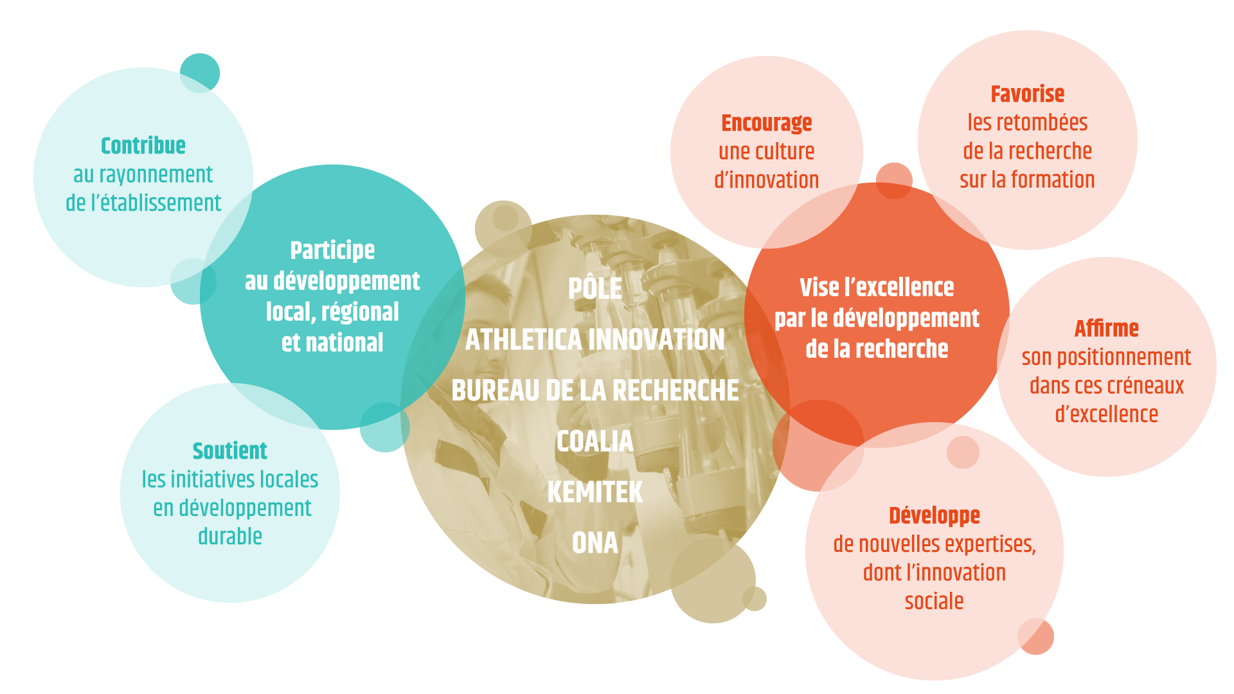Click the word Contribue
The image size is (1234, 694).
(x=143, y=146)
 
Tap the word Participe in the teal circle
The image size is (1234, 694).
(x=332, y=251)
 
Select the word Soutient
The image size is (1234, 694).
(x=230, y=451)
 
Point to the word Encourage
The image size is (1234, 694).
(x=767, y=123)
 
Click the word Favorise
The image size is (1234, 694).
(x=1028, y=94)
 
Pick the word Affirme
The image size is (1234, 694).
(x=1107, y=328)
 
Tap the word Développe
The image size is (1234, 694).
(x=934, y=516)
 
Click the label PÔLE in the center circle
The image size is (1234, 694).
(x=595, y=288)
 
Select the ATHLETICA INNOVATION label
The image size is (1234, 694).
(x=595, y=339)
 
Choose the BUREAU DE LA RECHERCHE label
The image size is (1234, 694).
(x=595, y=390)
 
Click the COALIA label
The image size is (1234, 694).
(x=595, y=441)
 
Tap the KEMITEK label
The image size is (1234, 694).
(x=595, y=492)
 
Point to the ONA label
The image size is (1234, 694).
(x=595, y=543)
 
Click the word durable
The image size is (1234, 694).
(x=230, y=537)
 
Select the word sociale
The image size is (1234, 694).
(x=934, y=601)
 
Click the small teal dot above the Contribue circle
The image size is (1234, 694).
(x=200, y=73)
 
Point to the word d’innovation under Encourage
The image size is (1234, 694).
(x=767, y=180)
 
